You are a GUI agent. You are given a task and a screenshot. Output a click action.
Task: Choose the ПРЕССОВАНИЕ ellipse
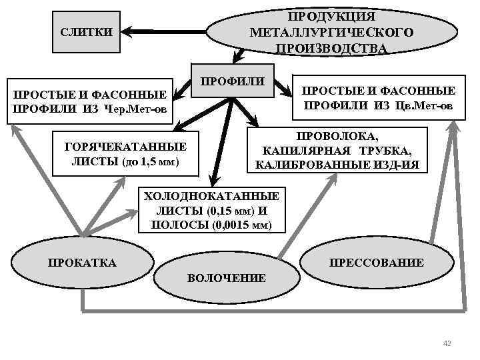tap(377, 263)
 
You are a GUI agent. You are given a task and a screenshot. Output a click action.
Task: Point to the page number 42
tap(447, 343)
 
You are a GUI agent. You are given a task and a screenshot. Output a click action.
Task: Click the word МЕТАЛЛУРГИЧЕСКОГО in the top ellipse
tap(331, 32)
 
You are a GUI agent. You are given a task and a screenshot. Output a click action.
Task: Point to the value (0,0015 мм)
tap(243, 225)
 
